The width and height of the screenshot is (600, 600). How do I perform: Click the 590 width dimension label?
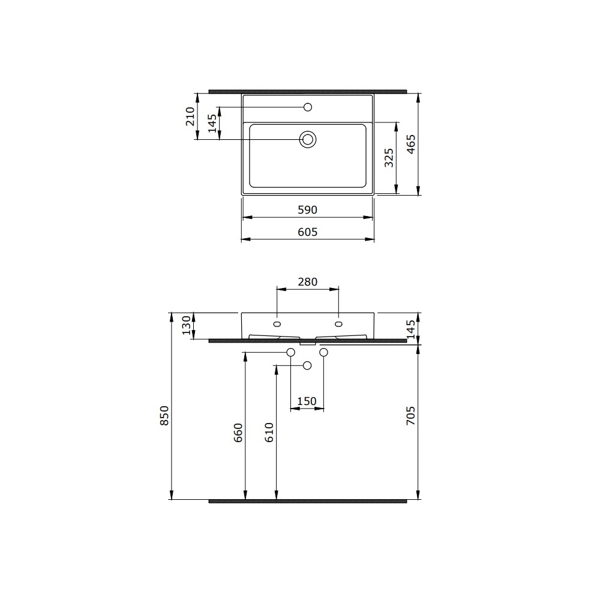click(308, 209)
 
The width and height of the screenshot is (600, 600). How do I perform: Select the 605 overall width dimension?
click(308, 232)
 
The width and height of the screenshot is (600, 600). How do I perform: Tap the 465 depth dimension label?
click(410, 144)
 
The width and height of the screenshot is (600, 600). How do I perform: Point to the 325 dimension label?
click(389, 158)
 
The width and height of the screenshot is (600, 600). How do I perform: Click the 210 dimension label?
click(190, 116)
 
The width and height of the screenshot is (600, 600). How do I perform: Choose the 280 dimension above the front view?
click(308, 281)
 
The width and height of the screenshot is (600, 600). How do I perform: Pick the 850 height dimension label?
click(164, 416)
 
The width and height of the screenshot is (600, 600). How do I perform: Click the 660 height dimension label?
click(238, 433)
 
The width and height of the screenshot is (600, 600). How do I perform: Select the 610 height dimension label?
click(269, 433)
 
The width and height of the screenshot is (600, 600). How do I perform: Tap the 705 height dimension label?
click(410, 416)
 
